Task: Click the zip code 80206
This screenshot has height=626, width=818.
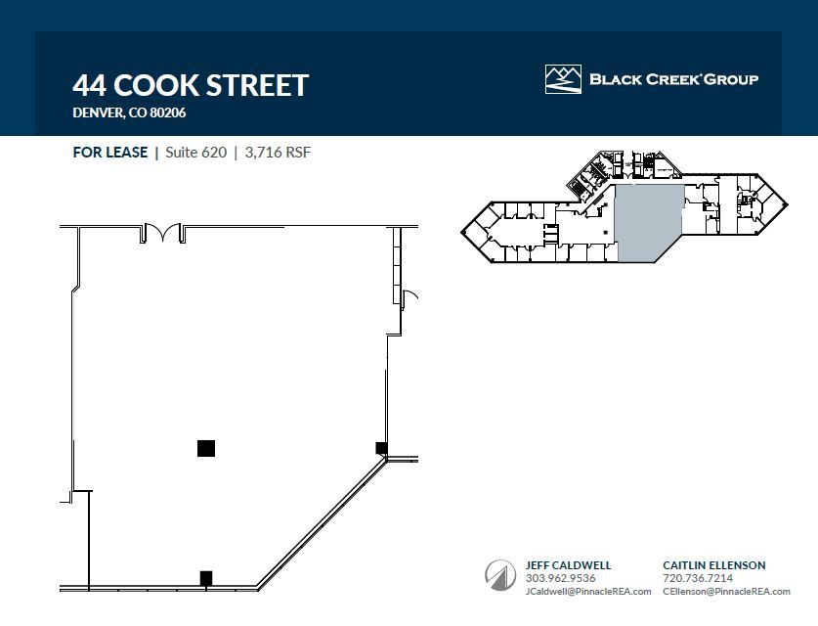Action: [x=167, y=112]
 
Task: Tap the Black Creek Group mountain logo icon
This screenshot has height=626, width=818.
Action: [x=563, y=79]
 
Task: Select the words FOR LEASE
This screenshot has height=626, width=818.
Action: [x=110, y=153]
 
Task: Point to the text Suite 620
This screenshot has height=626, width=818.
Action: [x=195, y=153]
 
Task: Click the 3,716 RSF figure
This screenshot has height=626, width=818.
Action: [x=278, y=153]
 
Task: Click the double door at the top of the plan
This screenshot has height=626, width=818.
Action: [x=162, y=233]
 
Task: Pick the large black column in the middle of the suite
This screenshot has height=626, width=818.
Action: [x=206, y=448]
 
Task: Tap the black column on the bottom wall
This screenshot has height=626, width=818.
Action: [x=206, y=578]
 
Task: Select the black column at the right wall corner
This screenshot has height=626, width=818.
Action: [x=381, y=448]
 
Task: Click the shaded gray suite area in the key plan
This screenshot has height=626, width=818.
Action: [x=648, y=225]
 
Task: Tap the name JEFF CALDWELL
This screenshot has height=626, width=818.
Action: [x=568, y=565]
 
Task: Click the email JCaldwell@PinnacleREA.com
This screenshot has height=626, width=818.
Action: [x=581, y=591]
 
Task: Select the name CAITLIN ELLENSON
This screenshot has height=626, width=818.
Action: [x=713, y=565]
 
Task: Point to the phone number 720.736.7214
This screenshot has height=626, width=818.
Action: [x=697, y=578]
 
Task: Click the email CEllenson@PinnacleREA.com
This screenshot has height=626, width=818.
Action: [x=725, y=591]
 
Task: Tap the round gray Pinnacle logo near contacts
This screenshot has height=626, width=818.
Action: [x=500, y=575]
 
